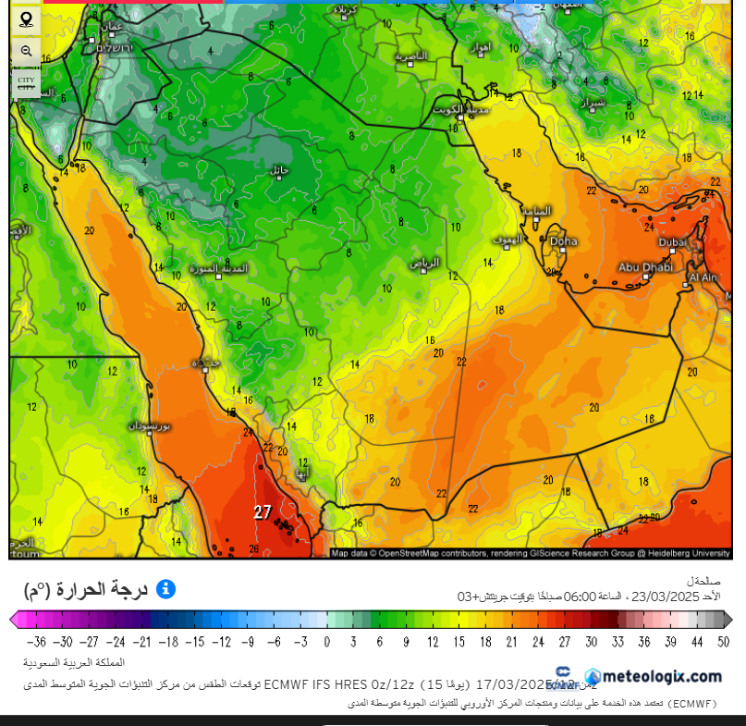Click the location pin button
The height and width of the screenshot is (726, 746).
click(x=26, y=18)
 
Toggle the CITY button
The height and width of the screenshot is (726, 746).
click(x=26, y=81)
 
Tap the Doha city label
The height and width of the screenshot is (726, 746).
click(x=563, y=241)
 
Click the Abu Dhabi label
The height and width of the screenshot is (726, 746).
click(x=644, y=267)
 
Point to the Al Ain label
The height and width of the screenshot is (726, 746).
click(x=704, y=277)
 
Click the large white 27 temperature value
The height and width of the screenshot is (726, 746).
click(x=263, y=511)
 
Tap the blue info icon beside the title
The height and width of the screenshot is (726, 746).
click(x=165, y=589)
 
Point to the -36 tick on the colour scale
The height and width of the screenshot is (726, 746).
click(x=37, y=641)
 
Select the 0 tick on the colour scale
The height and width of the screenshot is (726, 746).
click(x=326, y=641)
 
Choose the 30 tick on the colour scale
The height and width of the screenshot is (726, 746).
click(x=592, y=641)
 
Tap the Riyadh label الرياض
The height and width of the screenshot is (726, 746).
click(x=424, y=263)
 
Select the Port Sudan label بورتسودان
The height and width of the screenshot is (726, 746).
click(x=149, y=427)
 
